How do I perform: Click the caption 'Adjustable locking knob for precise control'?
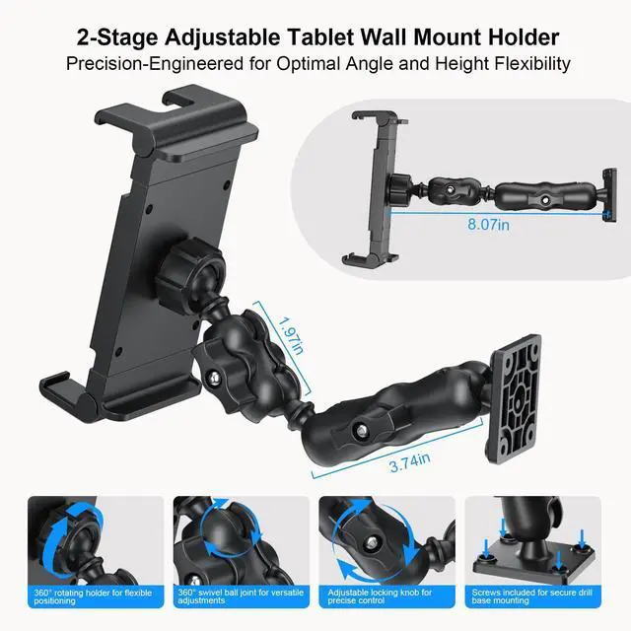[384, 597]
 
